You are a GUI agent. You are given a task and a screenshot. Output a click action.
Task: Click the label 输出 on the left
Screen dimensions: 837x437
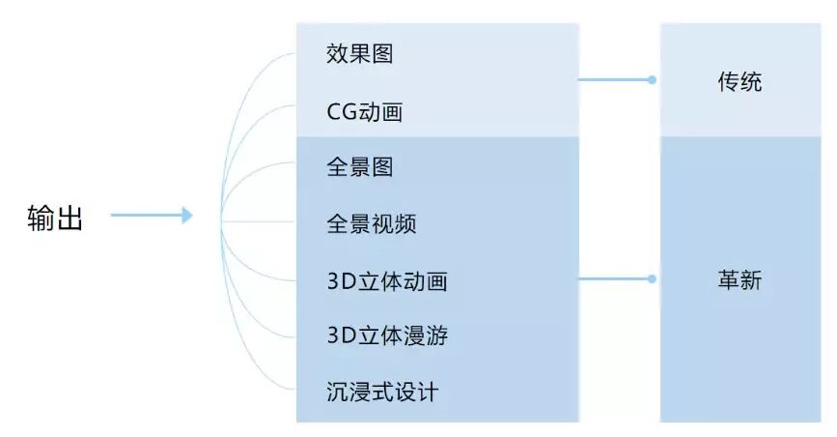pyautogui.click(x=55, y=218)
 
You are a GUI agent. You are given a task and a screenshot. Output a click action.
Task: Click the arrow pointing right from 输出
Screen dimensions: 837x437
pyautogui.click(x=152, y=216)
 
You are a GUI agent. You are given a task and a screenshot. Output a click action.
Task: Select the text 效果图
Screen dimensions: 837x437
pyautogui.click(x=360, y=54)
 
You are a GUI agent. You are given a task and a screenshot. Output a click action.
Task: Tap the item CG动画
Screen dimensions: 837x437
pyautogui.click(x=364, y=112)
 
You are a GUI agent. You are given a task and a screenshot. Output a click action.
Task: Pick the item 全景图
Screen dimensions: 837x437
pyautogui.click(x=360, y=167)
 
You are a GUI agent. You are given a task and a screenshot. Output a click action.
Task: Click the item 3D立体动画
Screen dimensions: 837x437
pyautogui.click(x=387, y=281)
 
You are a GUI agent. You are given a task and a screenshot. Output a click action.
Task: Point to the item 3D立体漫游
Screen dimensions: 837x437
pyautogui.click(x=387, y=336)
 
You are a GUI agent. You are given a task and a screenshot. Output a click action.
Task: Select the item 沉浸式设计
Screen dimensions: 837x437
pyautogui.click(x=382, y=393)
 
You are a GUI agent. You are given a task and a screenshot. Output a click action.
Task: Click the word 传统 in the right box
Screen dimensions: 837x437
pyautogui.click(x=739, y=82)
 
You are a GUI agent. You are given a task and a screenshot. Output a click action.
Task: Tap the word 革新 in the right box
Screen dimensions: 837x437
pyautogui.click(x=739, y=280)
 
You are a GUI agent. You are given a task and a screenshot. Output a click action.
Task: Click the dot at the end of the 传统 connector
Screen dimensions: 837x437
pyautogui.click(x=653, y=80)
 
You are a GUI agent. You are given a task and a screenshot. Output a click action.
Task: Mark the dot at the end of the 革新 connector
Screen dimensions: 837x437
pyautogui.click(x=653, y=278)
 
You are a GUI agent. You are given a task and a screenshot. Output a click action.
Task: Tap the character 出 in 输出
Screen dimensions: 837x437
pyautogui.click(x=70, y=218)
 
